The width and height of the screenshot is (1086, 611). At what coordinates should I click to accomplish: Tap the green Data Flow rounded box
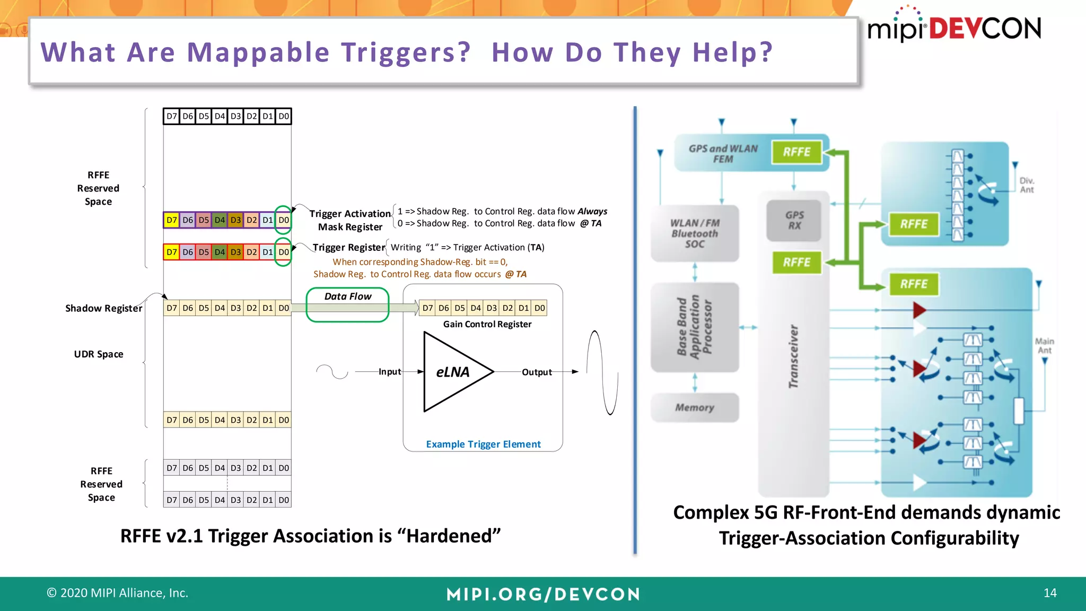tap(347, 304)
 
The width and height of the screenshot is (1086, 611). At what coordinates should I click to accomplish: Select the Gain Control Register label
tap(487, 324)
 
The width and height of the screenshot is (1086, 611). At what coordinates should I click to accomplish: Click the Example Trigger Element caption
tap(483, 444)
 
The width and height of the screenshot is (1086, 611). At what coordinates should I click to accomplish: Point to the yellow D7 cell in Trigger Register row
tap(171, 252)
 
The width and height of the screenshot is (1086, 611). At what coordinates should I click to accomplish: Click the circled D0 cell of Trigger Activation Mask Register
tap(284, 220)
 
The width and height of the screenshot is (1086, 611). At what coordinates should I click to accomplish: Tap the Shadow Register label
tap(103, 308)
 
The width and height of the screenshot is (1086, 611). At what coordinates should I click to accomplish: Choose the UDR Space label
tap(99, 354)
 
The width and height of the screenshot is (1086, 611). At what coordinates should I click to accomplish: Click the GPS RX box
tap(794, 220)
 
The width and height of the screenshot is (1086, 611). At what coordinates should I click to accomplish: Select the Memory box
tap(694, 407)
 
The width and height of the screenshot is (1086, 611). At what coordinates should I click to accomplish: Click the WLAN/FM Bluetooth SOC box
tap(695, 233)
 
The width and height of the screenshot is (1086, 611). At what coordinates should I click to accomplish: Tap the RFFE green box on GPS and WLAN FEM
tap(796, 152)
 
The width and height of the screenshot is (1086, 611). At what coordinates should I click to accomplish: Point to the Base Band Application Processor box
tap(694, 327)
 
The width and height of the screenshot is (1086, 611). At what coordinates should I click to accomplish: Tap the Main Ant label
tap(1044, 346)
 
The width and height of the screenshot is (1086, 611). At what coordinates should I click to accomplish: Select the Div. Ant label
tap(1027, 185)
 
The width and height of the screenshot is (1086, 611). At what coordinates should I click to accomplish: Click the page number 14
tap(1050, 593)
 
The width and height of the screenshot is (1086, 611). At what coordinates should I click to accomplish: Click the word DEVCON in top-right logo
tap(985, 29)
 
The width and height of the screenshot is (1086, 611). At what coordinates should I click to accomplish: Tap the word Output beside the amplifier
tap(537, 372)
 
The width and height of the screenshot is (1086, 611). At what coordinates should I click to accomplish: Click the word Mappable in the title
tap(258, 53)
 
